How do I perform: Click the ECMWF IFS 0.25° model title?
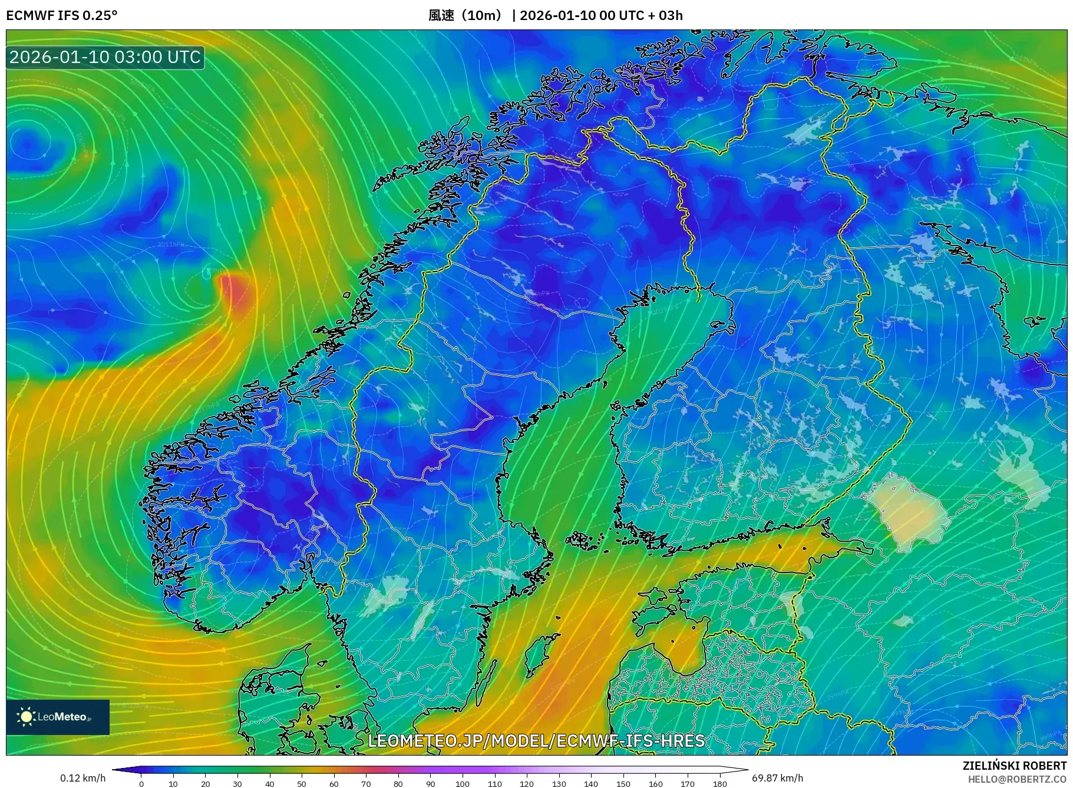click(62, 15)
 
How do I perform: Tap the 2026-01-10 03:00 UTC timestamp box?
click(105, 57)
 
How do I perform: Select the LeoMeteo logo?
click(58, 717)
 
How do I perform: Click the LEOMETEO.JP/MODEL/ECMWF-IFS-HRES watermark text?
click(536, 740)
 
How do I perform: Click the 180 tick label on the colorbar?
click(719, 784)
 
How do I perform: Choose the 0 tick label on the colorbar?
click(141, 784)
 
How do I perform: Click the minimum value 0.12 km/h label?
click(82, 778)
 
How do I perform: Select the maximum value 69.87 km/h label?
click(777, 778)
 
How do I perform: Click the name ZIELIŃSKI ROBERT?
click(1014, 766)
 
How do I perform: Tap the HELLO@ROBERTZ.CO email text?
click(1016, 779)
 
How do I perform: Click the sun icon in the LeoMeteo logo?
click(26, 717)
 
